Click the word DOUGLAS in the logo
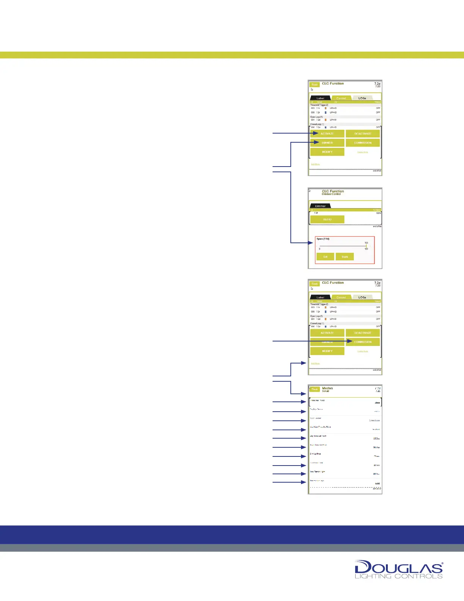398,568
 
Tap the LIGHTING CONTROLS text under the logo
398,576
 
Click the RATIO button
327,219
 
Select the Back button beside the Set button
345,257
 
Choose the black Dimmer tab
320,206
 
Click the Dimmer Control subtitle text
331,194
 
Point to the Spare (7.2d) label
323,239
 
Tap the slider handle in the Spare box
366,246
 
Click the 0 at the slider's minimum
320,249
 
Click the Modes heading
328,388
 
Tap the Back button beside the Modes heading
315,389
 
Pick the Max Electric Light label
318,472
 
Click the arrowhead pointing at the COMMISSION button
351,341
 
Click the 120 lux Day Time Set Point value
376,439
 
